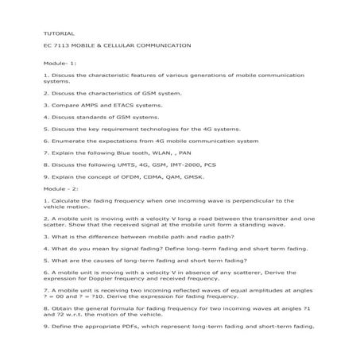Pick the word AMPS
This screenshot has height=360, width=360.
(x=81, y=104)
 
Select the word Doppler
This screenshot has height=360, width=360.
(x=95, y=278)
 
